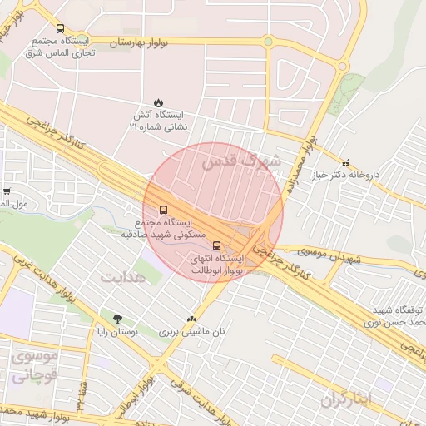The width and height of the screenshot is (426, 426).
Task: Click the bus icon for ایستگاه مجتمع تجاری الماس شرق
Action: click(61, 28)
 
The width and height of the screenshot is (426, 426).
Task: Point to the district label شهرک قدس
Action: click(254, 158)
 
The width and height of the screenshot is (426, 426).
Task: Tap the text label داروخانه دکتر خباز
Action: click(352, 176)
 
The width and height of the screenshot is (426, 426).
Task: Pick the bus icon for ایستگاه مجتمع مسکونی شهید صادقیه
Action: click(162, 210)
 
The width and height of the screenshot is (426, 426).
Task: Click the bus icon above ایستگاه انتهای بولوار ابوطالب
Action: click(217, 245)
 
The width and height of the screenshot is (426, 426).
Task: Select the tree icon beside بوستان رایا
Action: click(116, 319)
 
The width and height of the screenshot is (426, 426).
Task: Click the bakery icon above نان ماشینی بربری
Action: click(193, 319)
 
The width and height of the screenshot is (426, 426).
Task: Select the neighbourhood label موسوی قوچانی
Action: click(33, 366)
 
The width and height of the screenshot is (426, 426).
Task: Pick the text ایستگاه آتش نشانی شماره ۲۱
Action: click(158, 121)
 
